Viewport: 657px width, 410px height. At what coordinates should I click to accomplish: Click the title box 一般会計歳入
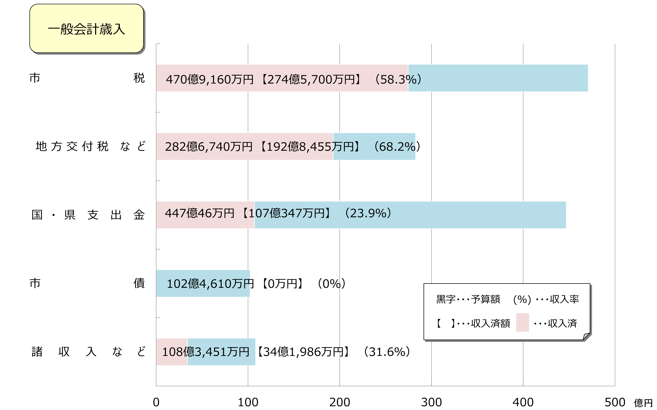pyautogui.click(x=86, y=29)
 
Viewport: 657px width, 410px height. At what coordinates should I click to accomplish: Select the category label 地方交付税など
pyautogui.click(x=91, y=146)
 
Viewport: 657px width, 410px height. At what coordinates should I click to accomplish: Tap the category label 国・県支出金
pyautogui.click(x=88, y=215)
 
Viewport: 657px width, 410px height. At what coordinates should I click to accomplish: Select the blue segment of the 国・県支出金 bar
pyautogui.click(x=461, y=215)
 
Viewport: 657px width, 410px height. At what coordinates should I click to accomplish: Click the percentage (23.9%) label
pyautogui.click(x=368, y=213)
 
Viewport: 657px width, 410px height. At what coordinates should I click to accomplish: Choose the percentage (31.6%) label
pyautogui.click(x=387, y=352)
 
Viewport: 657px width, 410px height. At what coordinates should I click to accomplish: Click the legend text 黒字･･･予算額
pyautogui.click(x=468, y=299)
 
